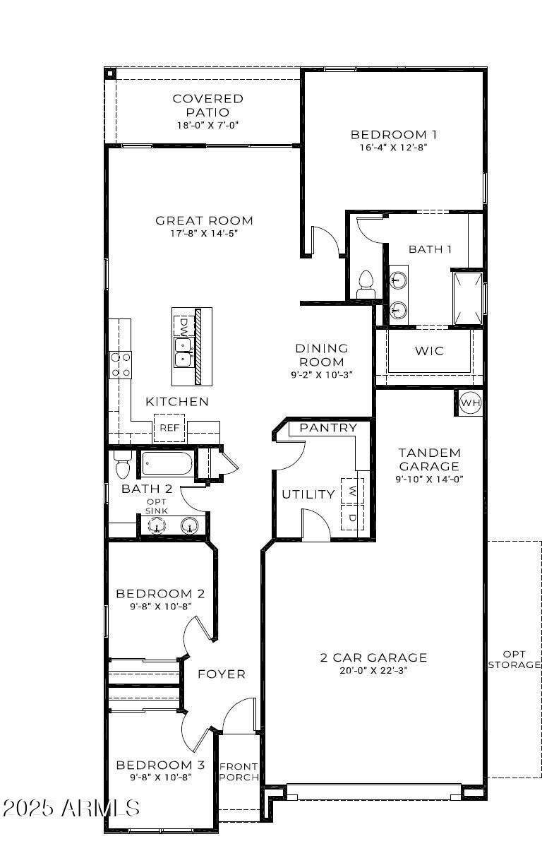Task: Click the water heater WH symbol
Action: coord(470,403)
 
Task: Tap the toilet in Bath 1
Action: coord(366,284)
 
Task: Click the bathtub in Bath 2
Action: coord(167,465)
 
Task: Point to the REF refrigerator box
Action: coord(169,427)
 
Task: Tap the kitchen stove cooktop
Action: coord(121,364)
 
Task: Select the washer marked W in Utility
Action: coord(351,490)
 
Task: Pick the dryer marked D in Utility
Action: coord(351,517)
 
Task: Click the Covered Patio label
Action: coord(208,105)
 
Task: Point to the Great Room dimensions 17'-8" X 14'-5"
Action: coord(204,233)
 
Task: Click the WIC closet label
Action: coord(429,350)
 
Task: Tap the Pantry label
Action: coord(328,428)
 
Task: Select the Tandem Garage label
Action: coord(429,459)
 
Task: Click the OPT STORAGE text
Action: coord(514,659)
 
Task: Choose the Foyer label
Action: coord(222,674)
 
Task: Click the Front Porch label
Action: coord(239,772)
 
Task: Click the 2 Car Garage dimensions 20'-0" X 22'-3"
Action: coord(373,670)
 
